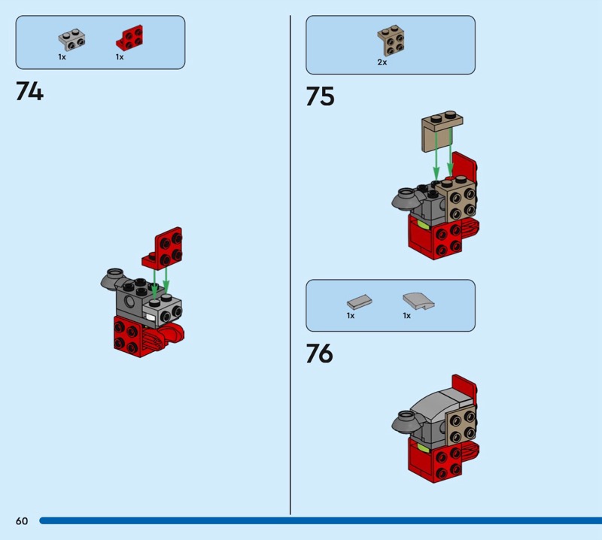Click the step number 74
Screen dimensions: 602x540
29,91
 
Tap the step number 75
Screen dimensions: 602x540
321,96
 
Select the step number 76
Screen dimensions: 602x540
319,353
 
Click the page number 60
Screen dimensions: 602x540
22,520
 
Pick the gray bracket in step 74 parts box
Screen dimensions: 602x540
71,40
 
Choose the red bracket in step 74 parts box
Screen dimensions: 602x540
129,38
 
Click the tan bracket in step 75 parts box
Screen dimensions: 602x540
391,41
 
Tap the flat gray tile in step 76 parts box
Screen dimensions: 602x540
360,302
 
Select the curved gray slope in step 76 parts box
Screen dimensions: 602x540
418,301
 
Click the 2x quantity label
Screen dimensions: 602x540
382,62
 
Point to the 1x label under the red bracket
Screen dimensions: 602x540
120,57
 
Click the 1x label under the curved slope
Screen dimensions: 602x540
407,315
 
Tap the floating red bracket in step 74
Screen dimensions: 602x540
163,248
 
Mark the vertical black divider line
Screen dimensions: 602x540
290,265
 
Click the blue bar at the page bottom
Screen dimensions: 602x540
321,520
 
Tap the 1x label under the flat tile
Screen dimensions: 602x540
351,315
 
